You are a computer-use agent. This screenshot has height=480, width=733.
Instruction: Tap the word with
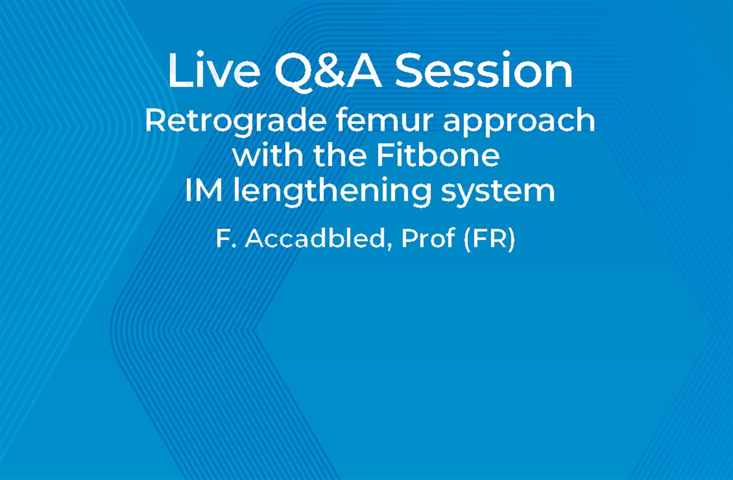coord(269,156)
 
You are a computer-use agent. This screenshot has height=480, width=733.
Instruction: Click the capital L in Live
coord(177,71)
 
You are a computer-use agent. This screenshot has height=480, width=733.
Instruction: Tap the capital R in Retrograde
coord(155,122)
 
